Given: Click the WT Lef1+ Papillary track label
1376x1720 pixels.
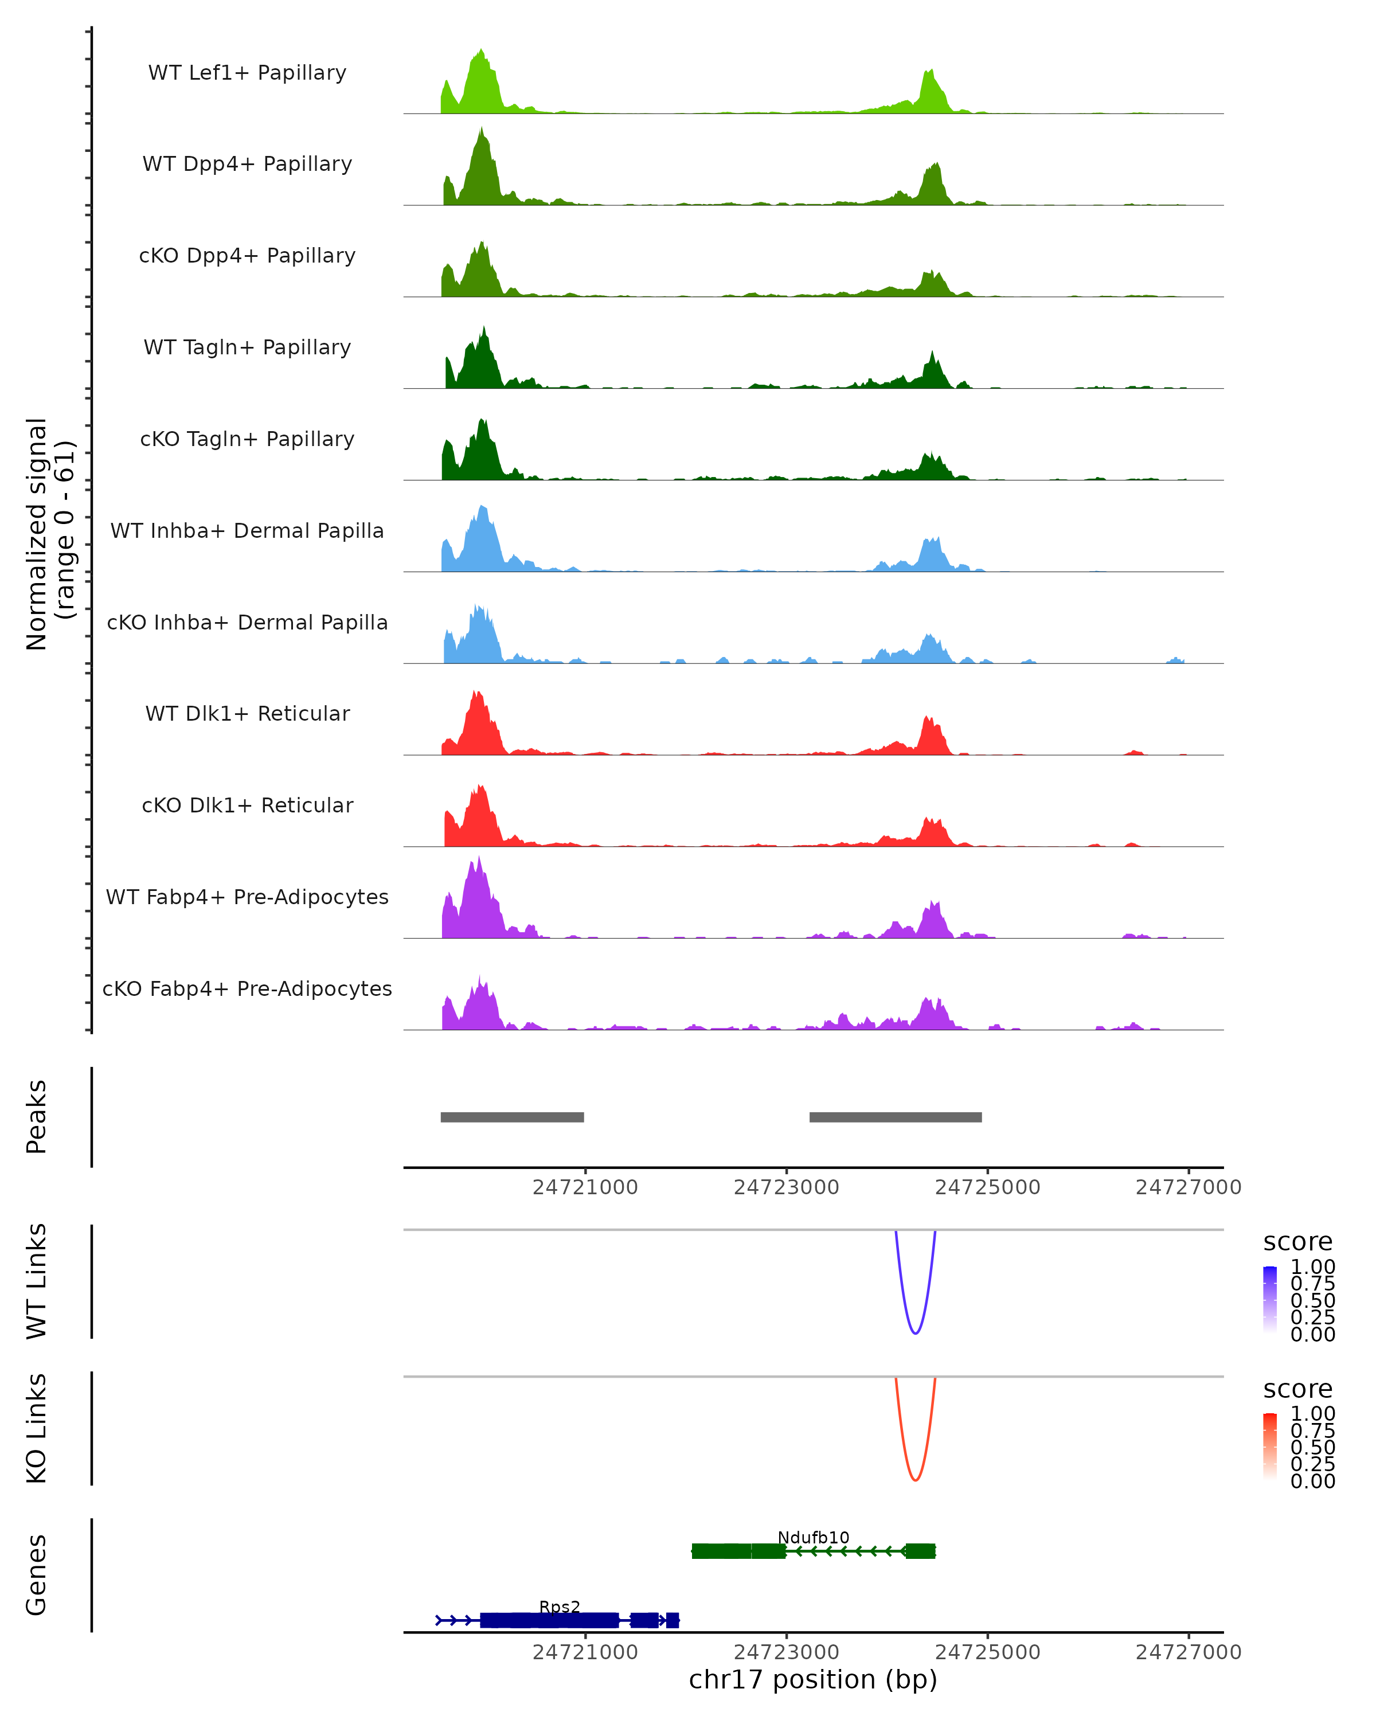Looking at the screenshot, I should [247, 73].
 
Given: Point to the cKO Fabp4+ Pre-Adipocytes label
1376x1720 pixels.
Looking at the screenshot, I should [247, 988].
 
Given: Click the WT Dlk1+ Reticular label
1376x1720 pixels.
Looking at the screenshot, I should [247, 713].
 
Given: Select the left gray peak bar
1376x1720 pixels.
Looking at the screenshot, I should [512, 1117].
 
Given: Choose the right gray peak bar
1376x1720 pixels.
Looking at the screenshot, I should [895, 1117].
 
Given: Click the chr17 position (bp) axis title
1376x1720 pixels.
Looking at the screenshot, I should [813, 1679].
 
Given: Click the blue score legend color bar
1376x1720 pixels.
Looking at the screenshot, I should [1270, 1300].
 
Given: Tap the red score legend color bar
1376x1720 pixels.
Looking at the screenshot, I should [1270, 1447].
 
